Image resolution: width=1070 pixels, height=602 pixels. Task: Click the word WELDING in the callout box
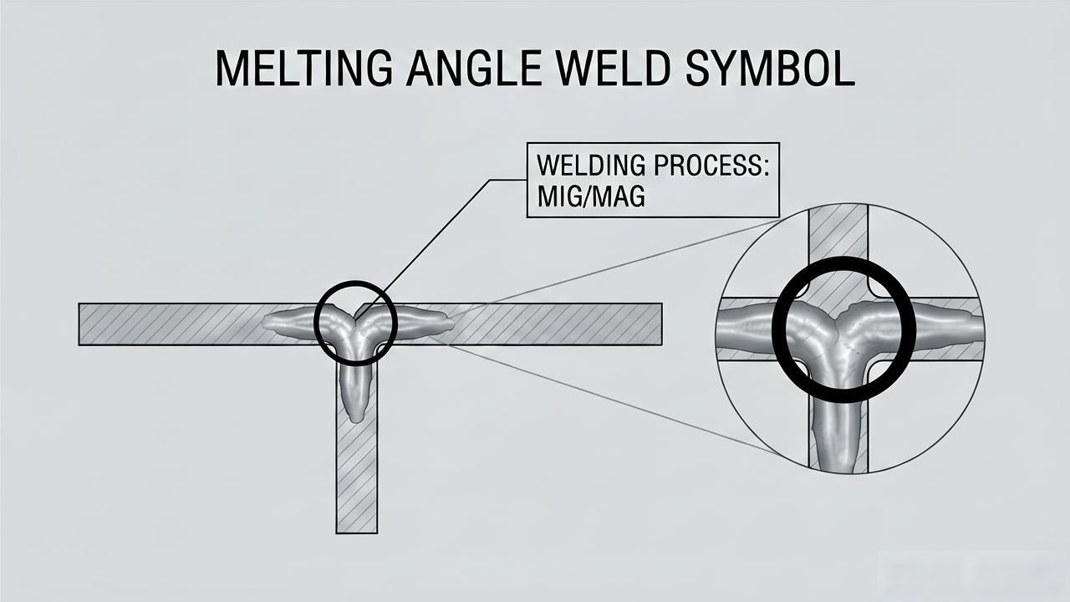pos(591,166)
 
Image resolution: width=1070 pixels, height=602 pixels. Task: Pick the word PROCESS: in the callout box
pos(711,166)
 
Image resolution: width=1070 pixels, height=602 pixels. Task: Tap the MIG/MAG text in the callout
pos(591,196)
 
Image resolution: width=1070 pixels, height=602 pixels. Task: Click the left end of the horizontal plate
pos(79,324)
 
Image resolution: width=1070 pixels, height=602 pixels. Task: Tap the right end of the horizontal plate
pos(661,324)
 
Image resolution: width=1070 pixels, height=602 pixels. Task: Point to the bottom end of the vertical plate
pos(356,533)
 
